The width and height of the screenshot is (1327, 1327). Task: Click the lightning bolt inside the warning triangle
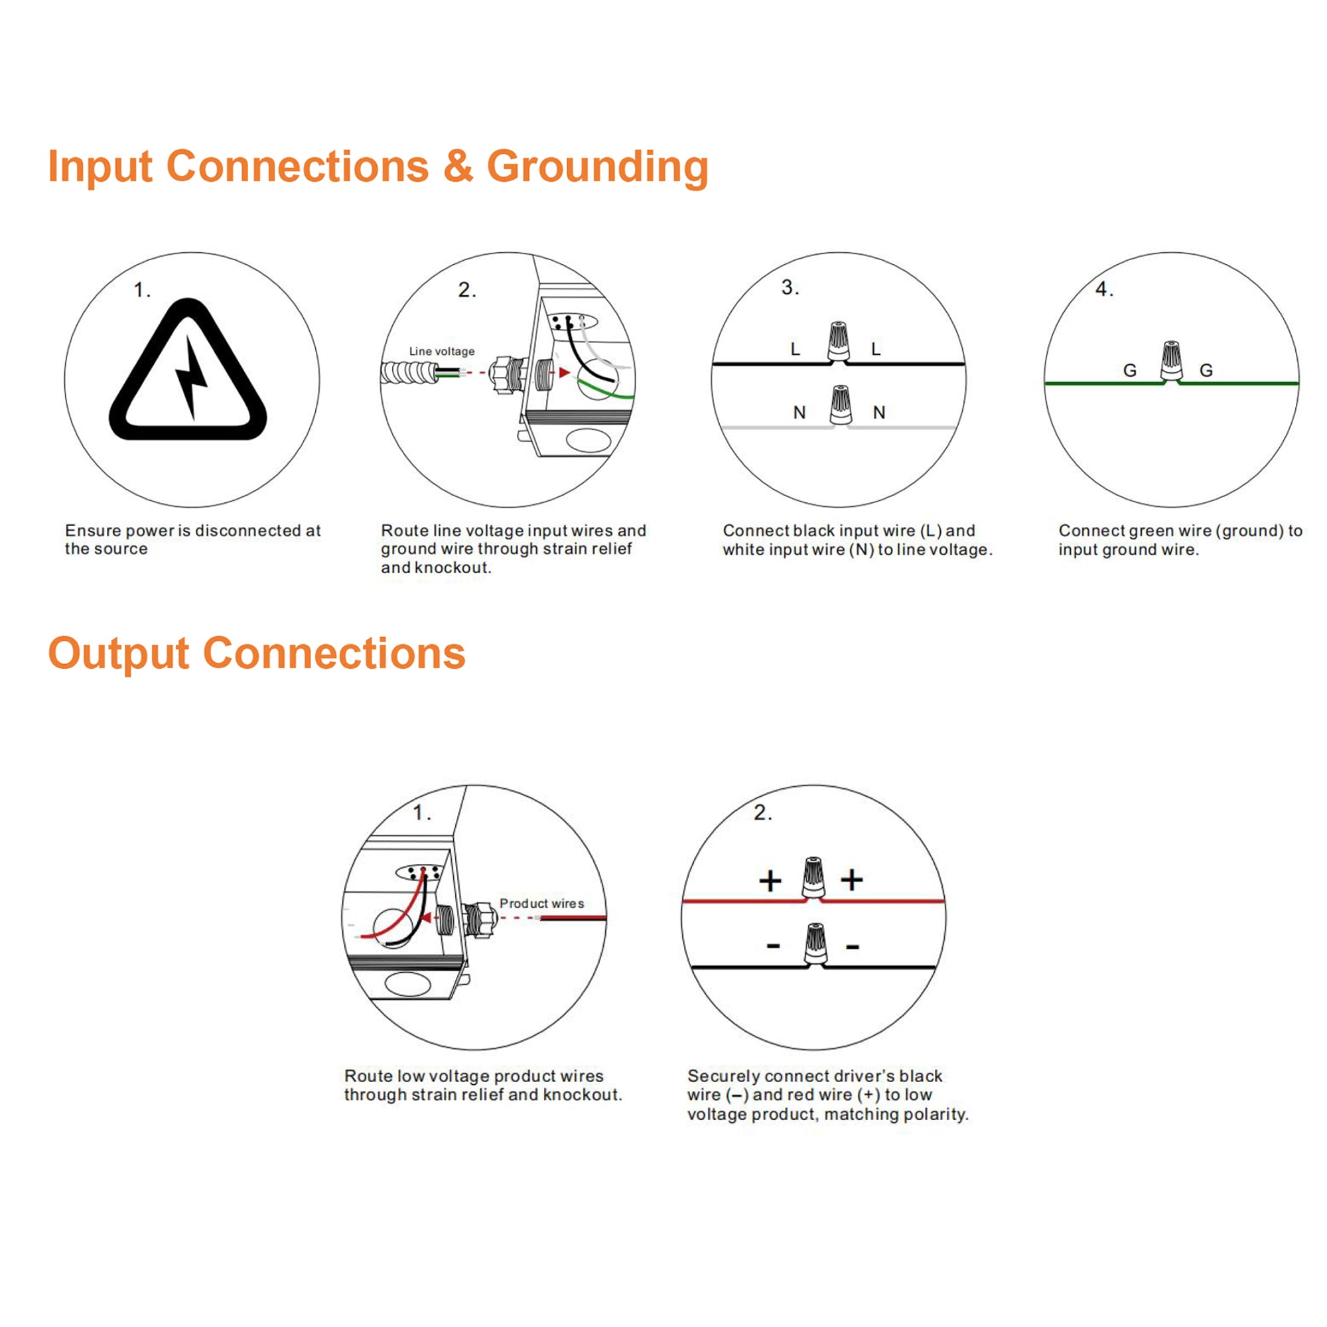point(190,376)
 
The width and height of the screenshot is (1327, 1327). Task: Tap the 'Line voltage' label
point(442,351)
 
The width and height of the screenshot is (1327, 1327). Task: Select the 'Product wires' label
point(542,903)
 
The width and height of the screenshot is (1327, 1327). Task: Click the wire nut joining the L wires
point(838,340)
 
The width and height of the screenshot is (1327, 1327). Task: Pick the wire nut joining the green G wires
point(1171,360)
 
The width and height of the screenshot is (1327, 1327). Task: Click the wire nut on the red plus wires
point(813,877)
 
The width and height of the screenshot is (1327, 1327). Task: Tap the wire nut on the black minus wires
point(815,942)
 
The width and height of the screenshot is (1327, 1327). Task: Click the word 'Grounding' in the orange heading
point(597,167)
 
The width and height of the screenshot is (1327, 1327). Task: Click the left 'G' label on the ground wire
point(1130,371)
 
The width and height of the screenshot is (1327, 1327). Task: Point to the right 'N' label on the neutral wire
point(879,413)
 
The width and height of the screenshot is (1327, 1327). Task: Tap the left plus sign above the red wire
point(770,880)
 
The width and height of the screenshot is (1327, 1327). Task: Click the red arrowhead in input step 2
point(564,372)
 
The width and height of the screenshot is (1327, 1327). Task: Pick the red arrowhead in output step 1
point(426,918)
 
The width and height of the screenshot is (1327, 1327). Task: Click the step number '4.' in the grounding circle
point(1104,289)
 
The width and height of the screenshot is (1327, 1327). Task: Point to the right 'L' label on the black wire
point(876,350)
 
